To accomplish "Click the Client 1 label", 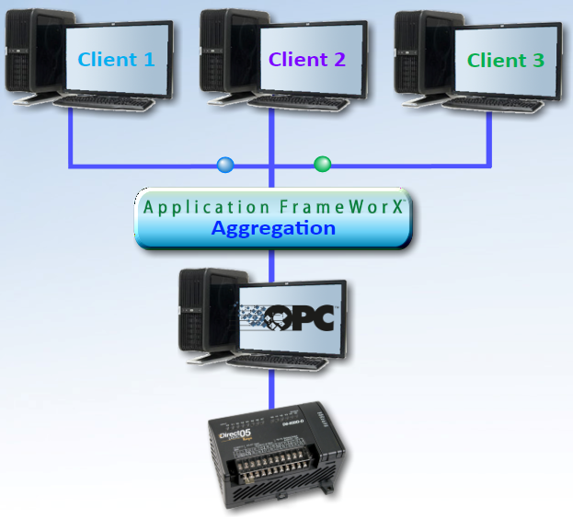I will click(x=116, y=60).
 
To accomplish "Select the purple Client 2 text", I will click(x=307, y=60).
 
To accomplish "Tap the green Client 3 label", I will click(x=505, y=60).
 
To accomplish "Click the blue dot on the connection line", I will click(x=225, y=166).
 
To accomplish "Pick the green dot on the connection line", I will click(x=322, y=165).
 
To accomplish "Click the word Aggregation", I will click(x=273, y=228).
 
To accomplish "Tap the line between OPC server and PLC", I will click(x=273, y=391).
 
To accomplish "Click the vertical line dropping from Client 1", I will click(x=70, y=138).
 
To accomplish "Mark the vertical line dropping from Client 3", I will click(x=488, y=138).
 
